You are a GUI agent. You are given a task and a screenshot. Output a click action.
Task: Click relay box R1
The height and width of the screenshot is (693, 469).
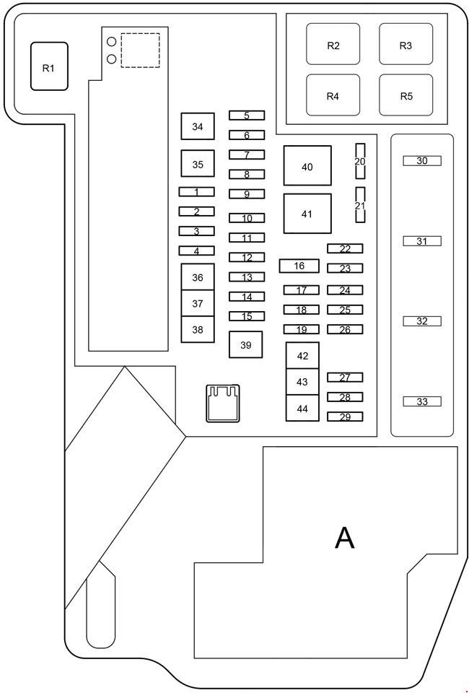click(49, 66)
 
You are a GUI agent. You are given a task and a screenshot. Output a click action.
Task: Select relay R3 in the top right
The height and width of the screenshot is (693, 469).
click(406, 45)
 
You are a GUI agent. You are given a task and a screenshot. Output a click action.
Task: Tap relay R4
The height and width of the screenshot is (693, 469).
click(333, 95)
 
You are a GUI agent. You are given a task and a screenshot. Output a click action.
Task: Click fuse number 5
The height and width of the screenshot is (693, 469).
click(247, 115)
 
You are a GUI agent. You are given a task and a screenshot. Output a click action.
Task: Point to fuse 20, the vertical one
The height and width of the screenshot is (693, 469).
click(360, 161)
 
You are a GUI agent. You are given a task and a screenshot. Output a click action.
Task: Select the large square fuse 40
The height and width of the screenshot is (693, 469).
click(307, 167)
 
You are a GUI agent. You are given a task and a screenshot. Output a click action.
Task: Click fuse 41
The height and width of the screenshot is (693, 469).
click(307, 214)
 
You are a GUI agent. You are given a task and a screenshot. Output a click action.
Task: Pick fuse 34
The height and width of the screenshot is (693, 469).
click(198, 127)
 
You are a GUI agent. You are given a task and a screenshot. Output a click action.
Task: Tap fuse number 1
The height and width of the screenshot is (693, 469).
click(196, 192)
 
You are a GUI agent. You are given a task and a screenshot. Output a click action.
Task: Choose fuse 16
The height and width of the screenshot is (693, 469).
click(299, 266)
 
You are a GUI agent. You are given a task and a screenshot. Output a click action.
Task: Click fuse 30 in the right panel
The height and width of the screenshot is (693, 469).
click(422, 161)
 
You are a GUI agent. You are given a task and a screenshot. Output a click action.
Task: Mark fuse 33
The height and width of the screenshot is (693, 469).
click(422, 401)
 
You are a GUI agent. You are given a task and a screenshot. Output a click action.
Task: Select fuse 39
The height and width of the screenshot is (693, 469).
click(245, 345)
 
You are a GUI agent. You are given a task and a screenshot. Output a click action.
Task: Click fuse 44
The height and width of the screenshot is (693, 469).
click(302, 409)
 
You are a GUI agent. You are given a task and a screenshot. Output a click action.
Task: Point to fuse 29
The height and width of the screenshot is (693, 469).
click(345, 417)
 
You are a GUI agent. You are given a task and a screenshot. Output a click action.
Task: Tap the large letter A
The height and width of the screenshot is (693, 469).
click(345, 538)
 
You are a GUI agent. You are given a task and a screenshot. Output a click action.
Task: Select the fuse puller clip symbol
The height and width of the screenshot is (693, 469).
click(223, 402)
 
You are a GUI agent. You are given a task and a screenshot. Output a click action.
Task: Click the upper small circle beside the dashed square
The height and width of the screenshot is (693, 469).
click(112, 42)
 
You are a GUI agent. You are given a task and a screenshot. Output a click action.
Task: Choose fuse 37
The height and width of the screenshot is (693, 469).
click(198, 304)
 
